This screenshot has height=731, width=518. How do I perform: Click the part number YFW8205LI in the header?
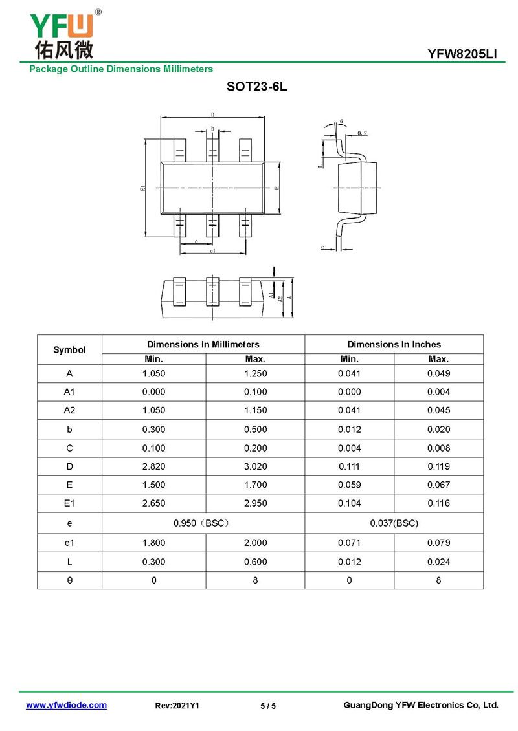462,54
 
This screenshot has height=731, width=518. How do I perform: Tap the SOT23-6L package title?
257,87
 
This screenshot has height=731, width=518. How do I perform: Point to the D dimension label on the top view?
212,115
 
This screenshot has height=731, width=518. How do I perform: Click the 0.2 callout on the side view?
362,133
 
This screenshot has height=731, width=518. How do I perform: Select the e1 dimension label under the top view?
212,250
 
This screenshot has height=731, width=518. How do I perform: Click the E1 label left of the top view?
142,188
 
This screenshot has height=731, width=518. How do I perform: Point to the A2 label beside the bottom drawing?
279,299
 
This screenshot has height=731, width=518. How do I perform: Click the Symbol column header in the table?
69,349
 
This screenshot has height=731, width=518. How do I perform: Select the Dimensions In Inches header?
394,344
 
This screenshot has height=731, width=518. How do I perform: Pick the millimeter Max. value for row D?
255,466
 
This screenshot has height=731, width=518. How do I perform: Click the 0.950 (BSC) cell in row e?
203,523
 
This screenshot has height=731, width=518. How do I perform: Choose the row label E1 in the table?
69,503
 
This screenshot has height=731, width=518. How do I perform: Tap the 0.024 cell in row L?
438,562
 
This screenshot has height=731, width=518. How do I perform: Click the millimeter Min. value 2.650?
153,503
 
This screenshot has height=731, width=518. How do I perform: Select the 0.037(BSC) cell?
394,523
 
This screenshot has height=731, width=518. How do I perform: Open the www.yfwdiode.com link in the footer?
66,706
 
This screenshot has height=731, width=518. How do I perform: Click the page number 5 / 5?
268,706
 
